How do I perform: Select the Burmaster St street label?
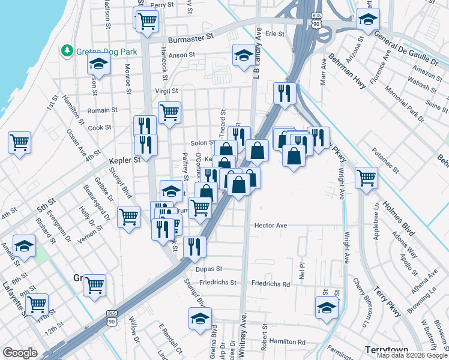pyautogui.click(x=191, y=37)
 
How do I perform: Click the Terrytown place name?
pyautogui.click(x=387, y=349)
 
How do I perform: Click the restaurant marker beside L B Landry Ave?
pyautogui.click(x=284, y=92)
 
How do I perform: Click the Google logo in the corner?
pyautogui.click(x=20, y=353)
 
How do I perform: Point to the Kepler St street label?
pyautogui.click(x=124, y=160)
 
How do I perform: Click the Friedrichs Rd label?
pyautogui.click(x=270, y=283)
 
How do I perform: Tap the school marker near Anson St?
pyautogui.click(x=243, y=56)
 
